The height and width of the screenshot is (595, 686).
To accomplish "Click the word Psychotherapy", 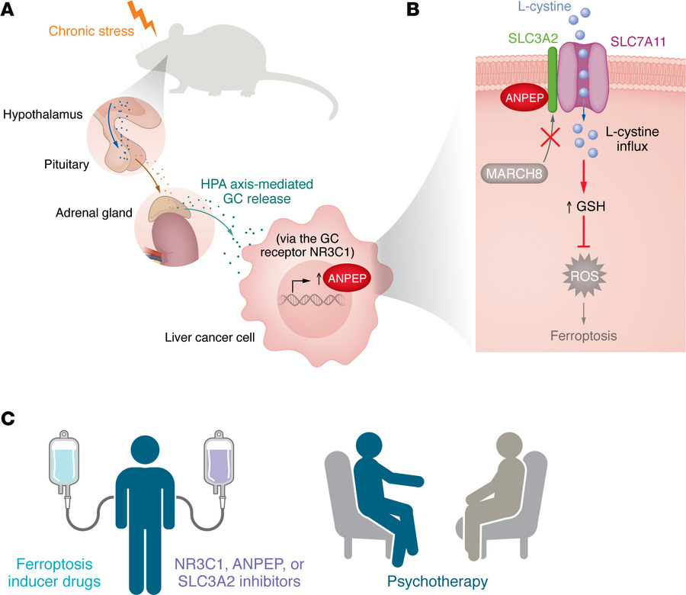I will coord(437,581).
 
